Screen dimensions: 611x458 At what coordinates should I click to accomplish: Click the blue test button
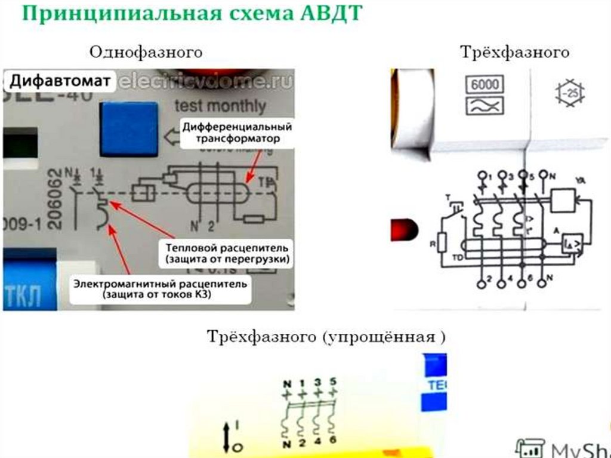coord(129,128)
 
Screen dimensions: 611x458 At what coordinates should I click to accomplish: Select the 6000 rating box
coord(484,84)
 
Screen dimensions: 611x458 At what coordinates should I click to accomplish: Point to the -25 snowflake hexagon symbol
coord(569,93)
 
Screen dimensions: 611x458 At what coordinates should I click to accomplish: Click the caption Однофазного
coord(146,53)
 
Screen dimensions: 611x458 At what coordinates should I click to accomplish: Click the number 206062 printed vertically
coord(55,198)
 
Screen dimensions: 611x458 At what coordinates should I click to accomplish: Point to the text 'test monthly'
coord(220,106)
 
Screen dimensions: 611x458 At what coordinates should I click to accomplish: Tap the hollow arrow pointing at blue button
coord(173,139)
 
